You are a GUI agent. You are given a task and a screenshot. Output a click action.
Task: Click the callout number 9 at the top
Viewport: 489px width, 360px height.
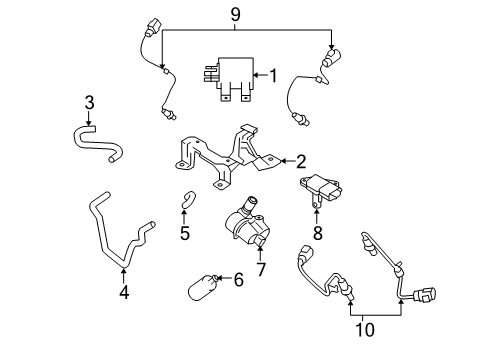point(236,15)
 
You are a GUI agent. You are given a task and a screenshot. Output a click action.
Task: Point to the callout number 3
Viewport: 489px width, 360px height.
point(89,102)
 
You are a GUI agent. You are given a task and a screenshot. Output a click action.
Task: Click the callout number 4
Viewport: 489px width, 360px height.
point(124,293)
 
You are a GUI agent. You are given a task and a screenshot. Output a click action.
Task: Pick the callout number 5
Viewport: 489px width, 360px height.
point(184,234)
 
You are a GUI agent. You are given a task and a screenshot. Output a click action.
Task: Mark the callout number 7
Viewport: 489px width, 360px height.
point(262,270)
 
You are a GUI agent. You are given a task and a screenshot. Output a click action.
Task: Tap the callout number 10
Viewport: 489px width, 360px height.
point(365,327)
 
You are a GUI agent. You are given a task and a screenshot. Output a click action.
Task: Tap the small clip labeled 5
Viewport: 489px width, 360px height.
point(187,202)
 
